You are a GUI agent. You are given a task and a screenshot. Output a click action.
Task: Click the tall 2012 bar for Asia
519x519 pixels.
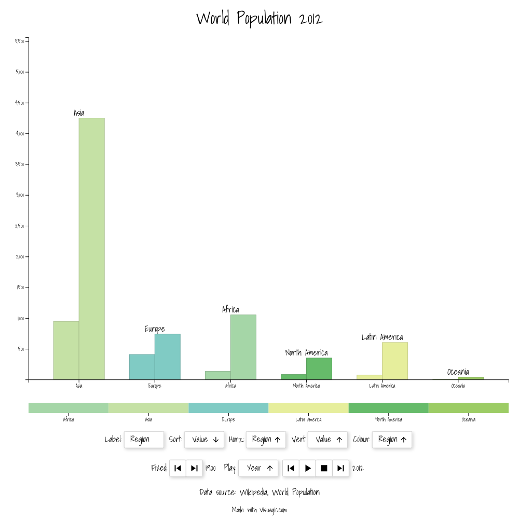(91, 249)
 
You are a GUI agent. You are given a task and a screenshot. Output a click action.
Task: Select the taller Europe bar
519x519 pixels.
(167, 357)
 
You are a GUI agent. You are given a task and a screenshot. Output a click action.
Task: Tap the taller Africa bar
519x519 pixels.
(243, 347)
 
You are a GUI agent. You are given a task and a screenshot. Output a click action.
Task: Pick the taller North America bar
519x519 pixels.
(319, 369)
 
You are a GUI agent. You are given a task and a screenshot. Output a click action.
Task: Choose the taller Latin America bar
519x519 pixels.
(394, 361)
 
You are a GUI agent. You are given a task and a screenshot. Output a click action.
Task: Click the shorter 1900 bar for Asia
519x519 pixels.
(66, 350)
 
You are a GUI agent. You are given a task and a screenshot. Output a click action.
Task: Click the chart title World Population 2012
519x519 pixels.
(259, 19)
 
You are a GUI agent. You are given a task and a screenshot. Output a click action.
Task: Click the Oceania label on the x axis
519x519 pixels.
(458, 386)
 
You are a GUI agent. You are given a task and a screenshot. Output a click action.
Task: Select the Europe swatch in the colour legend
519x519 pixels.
(228, 408)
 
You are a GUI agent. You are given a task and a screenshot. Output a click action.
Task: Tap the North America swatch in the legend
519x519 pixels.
(388, 408)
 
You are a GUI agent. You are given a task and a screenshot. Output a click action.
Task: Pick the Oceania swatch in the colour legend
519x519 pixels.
(468, 408)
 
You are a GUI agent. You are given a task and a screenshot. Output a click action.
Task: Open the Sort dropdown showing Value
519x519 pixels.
(204, 440)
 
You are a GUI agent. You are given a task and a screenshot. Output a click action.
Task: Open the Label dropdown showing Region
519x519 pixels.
(144, 440)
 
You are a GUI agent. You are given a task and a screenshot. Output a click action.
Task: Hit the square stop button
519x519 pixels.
(324, 468)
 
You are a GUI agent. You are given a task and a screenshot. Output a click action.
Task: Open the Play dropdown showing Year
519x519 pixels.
(258, 468)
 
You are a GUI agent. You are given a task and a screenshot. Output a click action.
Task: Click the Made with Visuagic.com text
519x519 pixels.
(259, 510)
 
